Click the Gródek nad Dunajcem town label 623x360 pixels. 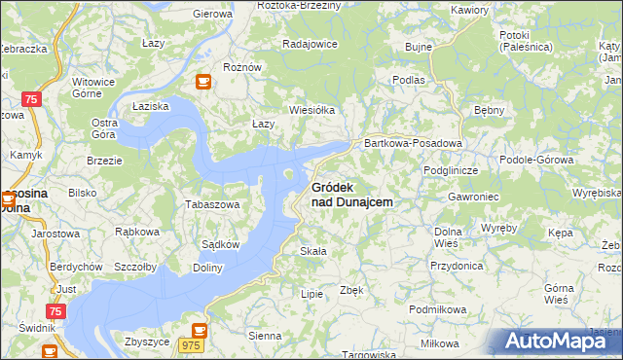[351, 195]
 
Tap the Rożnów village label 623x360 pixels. [242, 67]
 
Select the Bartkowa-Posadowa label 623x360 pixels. [412, 143]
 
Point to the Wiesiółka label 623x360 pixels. [311, 110]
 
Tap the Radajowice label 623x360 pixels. [310, 44]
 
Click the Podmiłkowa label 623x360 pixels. [438, 308]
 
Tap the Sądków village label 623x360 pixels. [220, 245]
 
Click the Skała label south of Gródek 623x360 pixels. [312, 251]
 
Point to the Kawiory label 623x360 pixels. [469, 10]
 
